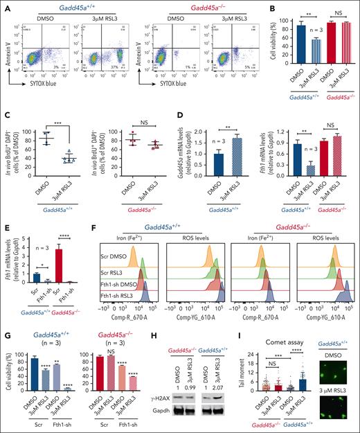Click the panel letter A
(4, 6)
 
